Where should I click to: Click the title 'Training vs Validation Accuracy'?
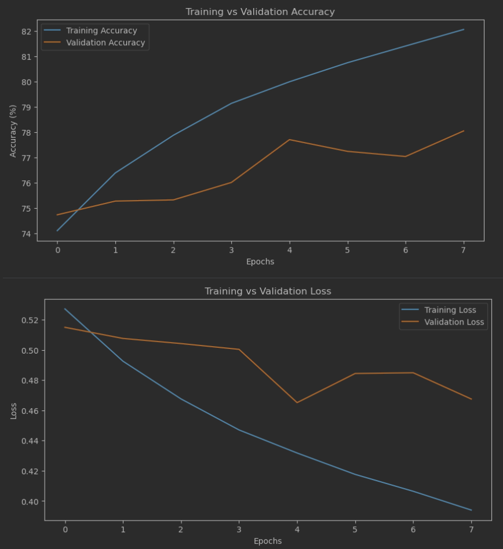coord(260,12)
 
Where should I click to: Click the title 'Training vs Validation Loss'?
coord(268,291)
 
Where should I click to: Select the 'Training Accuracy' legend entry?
coord(101,31)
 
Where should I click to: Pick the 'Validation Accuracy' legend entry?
coord(105,43)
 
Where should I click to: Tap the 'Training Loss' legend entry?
coord(450,310)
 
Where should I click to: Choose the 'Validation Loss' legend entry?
coord(454,322)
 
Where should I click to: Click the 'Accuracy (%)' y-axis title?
coord(13,130)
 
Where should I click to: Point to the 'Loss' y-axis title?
coord(13,410)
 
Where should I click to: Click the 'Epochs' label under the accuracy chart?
coord(260,261)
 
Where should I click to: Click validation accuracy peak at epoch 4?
coord(289,140)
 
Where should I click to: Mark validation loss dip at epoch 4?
coord(297,402)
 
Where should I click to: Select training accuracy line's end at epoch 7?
coord(464,29)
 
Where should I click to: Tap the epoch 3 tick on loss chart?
coord(239,529)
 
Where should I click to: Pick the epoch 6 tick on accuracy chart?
coord(406,249)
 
